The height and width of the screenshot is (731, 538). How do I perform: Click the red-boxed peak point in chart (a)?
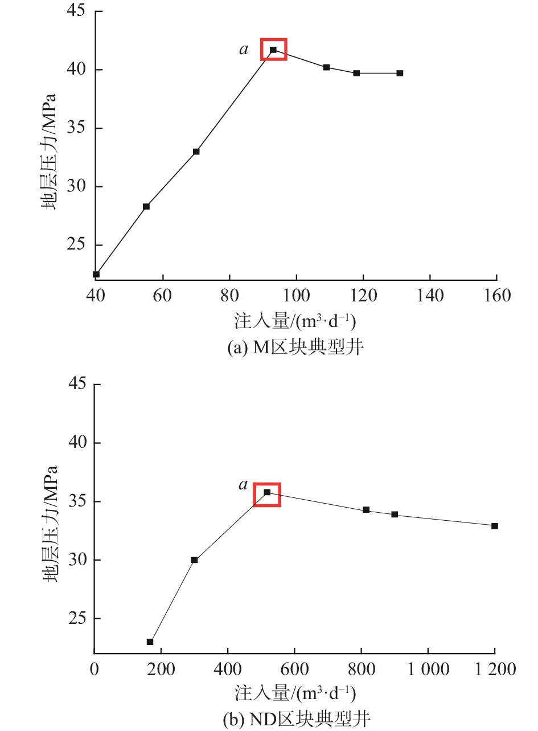pos(273,50)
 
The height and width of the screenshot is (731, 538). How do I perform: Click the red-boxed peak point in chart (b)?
pos(267,492)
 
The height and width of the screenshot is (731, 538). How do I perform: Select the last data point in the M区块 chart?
pos(400,73)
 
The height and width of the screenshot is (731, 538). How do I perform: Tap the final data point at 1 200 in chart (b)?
pos(495,526)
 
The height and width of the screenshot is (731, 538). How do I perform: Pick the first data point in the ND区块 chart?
pos(150,642)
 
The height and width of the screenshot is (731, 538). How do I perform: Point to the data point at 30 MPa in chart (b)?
pos(194,560)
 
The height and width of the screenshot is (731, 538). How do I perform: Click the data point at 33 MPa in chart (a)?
pos(196,152)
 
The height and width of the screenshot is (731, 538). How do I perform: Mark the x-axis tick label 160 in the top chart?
pos(496,296)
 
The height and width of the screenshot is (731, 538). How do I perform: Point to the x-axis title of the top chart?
pos(295,322)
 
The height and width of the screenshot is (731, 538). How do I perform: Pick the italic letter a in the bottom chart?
pos(244,485)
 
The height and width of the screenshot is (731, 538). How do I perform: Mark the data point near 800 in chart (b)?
pos(366,510)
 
